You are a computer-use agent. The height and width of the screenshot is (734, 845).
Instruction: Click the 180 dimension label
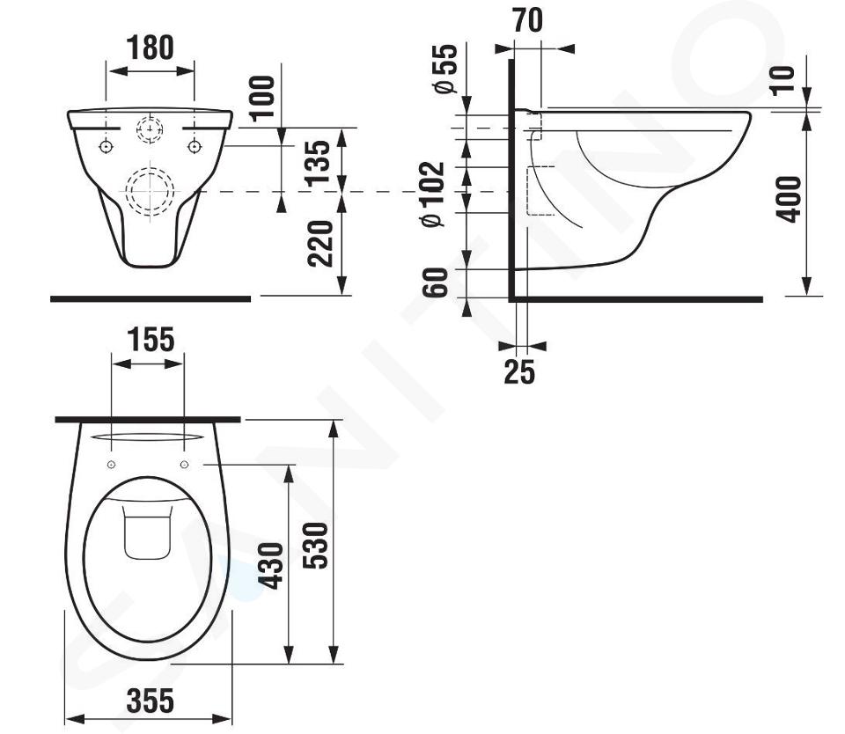[x=151, y=48]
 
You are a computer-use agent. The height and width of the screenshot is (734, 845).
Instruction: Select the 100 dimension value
[x=262, y=97]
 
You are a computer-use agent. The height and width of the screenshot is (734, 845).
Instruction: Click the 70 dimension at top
[x=527, y=20]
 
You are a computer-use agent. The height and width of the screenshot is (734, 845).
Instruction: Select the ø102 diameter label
[x=433, y=194]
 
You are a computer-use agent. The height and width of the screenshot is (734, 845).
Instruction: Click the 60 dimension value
[x=435, y=283]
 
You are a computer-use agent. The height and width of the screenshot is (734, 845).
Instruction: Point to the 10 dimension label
[x=783, y=81]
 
